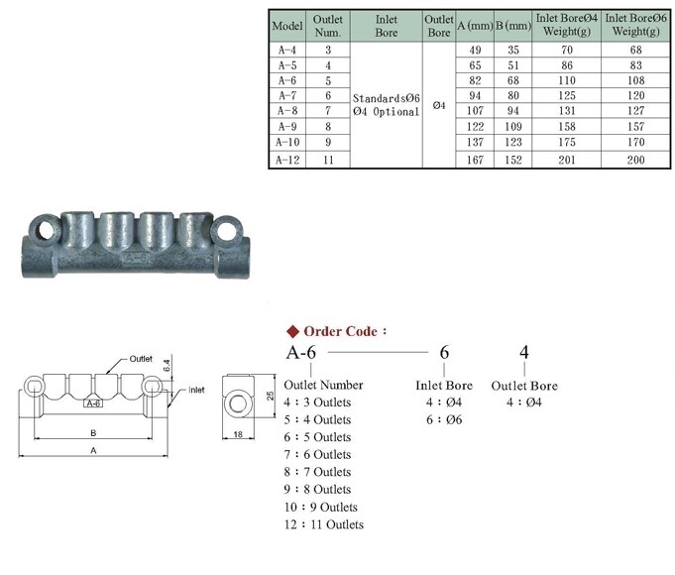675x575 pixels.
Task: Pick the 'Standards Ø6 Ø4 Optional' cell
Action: coord(386,105)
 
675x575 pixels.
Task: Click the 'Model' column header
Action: coord(287,25)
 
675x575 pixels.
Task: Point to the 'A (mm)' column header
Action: coord(473,25)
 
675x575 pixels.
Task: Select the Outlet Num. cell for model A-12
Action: coord(328,160)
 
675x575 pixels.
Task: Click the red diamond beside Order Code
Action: coord(292,331)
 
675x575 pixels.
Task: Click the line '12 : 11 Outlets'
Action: coord(324,524)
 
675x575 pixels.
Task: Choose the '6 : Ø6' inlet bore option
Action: coord(443,419)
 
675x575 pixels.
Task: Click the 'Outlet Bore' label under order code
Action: coord(524,385)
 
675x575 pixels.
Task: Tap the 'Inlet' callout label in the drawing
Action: coord(195,390)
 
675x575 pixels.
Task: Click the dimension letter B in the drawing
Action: coord(92,432)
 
